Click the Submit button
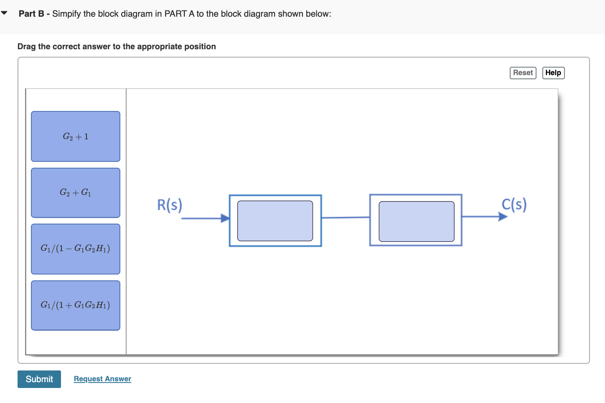[39, 379]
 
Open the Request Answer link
[102, 379]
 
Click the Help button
[553, 73]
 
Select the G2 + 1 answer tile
[76, 136]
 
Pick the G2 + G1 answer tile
[76, 193]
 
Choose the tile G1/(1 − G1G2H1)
[76, 249]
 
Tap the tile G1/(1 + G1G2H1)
[76, 305]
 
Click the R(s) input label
[169, 205]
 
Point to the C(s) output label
[514, 204]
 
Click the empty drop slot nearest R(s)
[275, 221]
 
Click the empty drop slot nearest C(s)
[416, 221]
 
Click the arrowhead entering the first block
[226, 218]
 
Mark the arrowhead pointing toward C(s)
[503, 217]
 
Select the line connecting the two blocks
[346, 217]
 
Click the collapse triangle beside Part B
[5, 13]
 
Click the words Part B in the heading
[31, 14]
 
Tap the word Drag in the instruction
[26, 46]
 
